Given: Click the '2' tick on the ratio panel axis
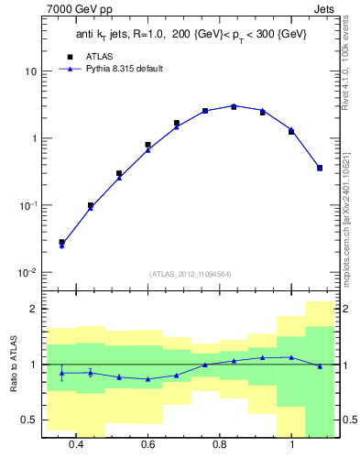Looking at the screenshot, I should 33,309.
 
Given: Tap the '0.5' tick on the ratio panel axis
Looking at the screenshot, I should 29,420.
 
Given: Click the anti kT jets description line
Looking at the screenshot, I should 190,34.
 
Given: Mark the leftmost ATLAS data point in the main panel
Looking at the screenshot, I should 61,243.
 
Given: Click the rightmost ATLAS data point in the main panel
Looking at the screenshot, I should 320,168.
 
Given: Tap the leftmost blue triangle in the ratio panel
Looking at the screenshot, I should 61,373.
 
